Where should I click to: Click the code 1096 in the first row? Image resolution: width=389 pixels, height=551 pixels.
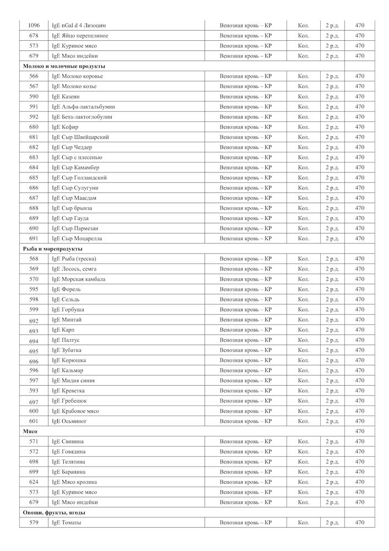point(34,25)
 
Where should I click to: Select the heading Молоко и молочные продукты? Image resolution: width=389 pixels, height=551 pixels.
point(64,66)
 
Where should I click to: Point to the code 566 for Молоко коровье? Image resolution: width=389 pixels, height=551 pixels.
point(34,76)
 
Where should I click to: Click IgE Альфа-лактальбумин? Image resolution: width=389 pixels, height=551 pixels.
point(83,106)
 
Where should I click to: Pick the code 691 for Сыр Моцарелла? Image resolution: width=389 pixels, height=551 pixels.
point(34,239)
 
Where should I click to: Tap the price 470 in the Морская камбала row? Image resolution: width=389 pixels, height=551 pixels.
point(360,279)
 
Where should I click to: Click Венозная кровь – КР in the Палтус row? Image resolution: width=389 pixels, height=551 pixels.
point(245,340)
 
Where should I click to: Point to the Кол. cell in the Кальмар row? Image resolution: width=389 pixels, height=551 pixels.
point(304,370)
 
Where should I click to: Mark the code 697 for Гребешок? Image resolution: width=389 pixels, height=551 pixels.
point(34,401)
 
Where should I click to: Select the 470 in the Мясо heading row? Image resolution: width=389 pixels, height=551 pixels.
point(360,431)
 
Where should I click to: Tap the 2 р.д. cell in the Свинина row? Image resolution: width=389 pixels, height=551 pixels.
point(332,441)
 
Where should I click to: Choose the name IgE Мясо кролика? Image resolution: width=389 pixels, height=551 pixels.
point(75,482)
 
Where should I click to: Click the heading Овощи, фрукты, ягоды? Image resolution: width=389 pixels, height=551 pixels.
point(54,512)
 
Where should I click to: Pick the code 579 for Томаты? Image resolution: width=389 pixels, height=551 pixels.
point(34,522)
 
